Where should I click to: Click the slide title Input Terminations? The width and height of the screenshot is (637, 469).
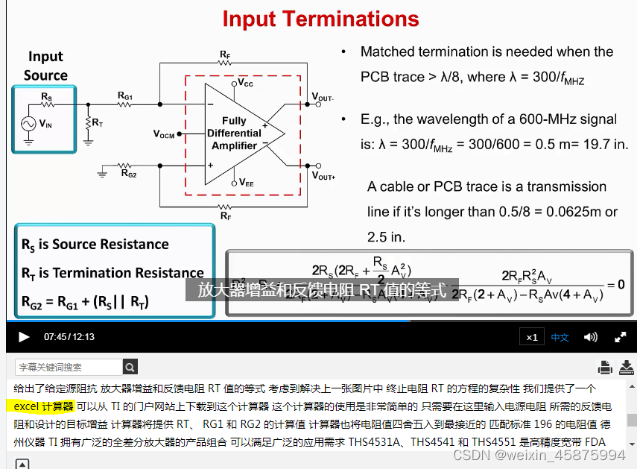click(320, 19)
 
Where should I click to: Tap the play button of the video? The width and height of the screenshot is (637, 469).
click(24, 337)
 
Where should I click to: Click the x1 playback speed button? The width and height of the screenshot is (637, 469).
click(531, 337)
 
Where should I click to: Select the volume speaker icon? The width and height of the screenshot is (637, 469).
click(591, 337)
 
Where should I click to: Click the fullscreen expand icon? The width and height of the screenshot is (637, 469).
click(620, 337)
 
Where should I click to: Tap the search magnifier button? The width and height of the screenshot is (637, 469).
click(130, 367)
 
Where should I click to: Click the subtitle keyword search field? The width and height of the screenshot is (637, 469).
click(69, 367)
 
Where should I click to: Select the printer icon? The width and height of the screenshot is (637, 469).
click(605, 367)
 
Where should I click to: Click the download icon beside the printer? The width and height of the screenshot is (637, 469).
click(626, 367)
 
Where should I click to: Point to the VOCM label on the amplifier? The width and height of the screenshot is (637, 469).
click(164, 134)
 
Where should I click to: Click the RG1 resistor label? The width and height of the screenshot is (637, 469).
click(125, 95)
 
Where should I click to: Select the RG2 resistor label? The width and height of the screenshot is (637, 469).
click(128, 174)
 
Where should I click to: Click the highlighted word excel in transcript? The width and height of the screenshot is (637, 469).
click(30, 406)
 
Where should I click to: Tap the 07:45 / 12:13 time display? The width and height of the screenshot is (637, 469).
click(69, 337)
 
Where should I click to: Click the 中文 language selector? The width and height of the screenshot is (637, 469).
click(560, 337)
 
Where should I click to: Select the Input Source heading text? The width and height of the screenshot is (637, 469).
click(45, 66)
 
